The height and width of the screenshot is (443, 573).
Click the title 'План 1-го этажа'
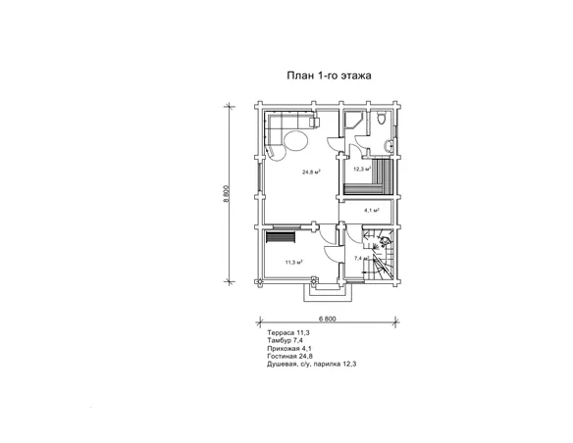pos(329,75)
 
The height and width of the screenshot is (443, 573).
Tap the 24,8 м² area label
pos(311,172)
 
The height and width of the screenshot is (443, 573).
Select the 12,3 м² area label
pos(362,169)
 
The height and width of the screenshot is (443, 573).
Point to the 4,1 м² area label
pos(372,210)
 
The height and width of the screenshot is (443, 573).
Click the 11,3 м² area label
pos(294,262)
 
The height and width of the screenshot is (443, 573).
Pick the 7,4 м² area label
pos(362,258)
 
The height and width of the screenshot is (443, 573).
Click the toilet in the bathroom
pos(381,119)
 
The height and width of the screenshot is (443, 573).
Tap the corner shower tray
pos(354,121)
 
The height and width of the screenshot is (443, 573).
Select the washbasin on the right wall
pos(389,146)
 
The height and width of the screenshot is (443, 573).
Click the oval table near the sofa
pos(295,140)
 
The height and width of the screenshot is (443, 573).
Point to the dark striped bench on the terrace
pos(280,237)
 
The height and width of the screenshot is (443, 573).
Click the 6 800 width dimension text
pos(328,319)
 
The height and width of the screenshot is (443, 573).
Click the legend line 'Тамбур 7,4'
pos(285,340)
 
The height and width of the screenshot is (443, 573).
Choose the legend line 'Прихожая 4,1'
pos(289,349)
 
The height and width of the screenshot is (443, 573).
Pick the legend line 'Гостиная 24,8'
pos(289,356)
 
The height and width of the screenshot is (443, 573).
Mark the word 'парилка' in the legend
pos(326,365)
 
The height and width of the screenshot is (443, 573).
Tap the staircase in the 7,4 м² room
pos(378,255)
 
